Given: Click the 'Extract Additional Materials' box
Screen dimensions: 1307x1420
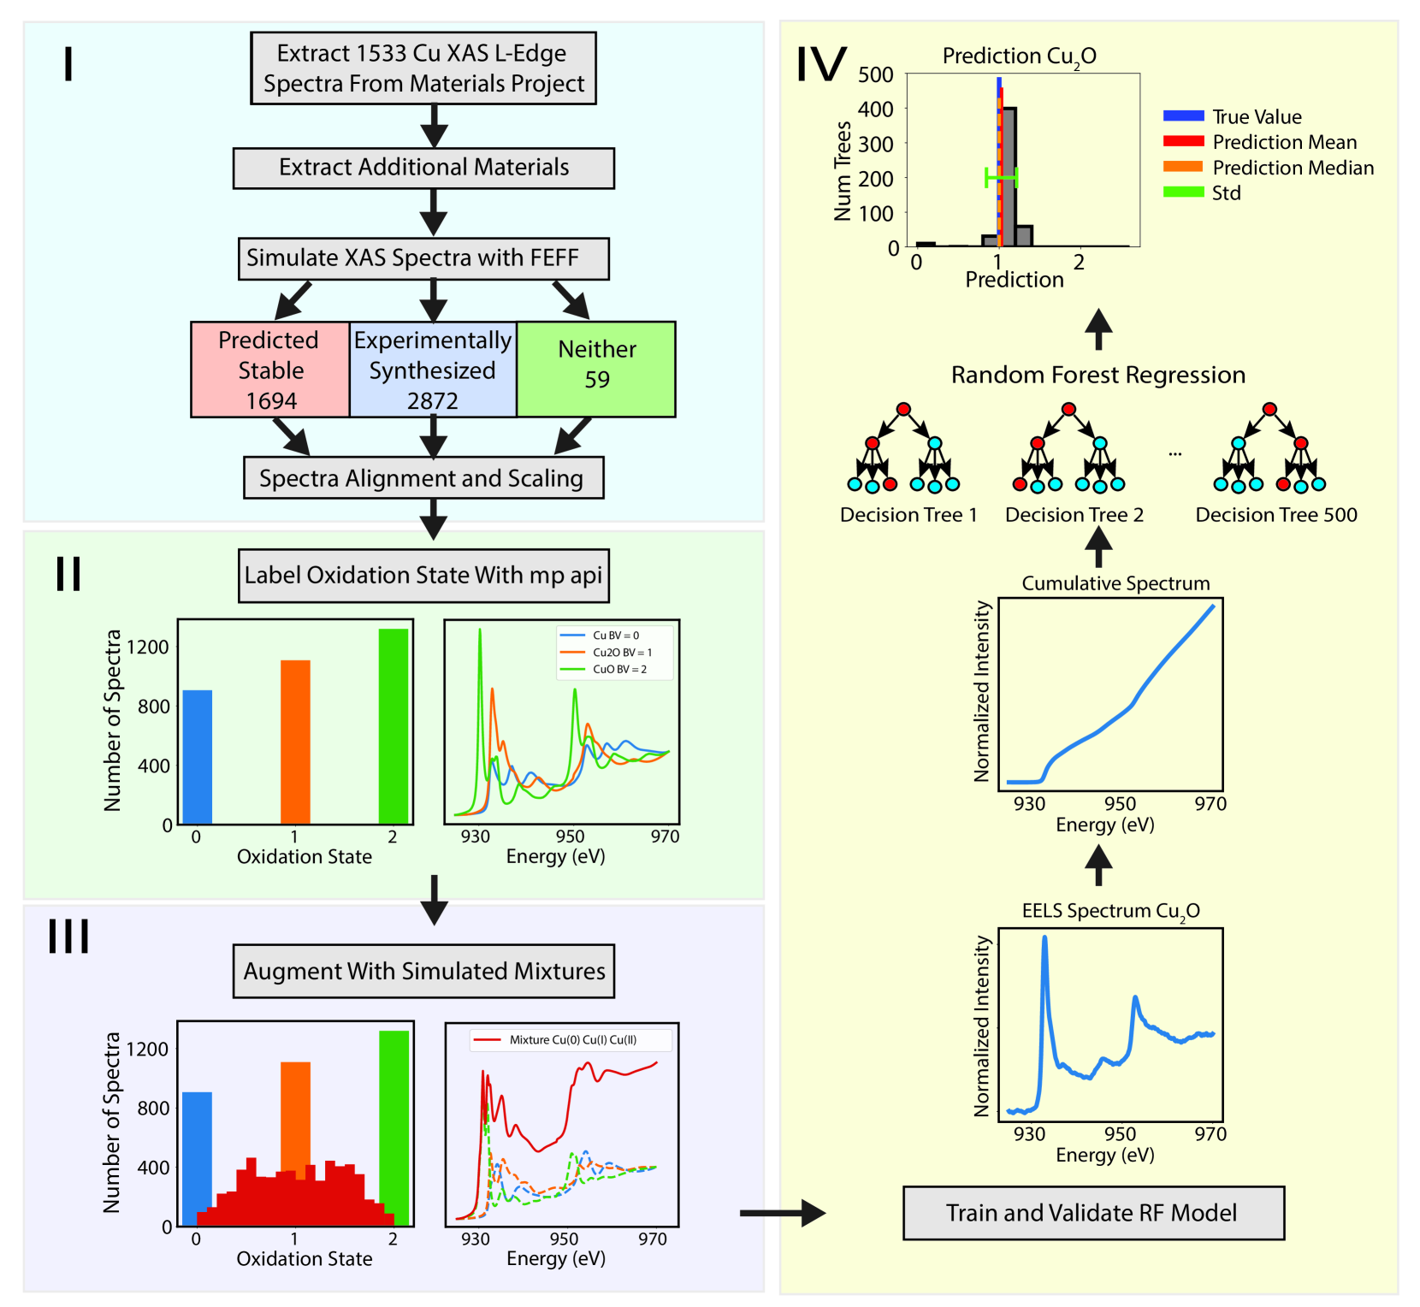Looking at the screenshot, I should (423, 168).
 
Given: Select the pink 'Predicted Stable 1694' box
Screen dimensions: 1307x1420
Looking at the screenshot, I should (270, 370).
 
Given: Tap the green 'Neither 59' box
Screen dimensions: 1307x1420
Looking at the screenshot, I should (596, 369).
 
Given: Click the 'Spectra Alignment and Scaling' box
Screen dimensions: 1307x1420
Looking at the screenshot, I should (423, 478).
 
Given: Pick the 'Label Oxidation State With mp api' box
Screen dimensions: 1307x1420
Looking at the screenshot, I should (423, 576).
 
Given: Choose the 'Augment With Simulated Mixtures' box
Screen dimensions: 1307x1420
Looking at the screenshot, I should (423, 972).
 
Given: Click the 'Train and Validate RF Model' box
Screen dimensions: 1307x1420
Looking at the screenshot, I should (1093, 1213).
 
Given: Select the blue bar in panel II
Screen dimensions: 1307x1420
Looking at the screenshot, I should (198, 756).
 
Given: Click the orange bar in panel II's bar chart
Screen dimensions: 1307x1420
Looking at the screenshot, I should (295, 742).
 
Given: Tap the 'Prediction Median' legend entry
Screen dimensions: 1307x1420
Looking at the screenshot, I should (1292, 168).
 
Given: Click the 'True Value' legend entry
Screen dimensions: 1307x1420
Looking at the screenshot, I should (1256, 117).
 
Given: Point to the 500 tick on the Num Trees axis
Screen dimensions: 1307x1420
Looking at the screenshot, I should (876, 75).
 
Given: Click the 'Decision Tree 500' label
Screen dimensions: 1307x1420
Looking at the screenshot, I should (1275, 515).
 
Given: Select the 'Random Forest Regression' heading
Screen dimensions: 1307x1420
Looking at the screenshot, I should (1098, 376).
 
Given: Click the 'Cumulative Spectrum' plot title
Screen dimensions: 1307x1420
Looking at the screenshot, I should (1115, 583).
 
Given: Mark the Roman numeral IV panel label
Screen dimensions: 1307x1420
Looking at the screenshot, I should (820, 64).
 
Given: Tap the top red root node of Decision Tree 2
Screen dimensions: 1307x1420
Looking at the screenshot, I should (1068, 409).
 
